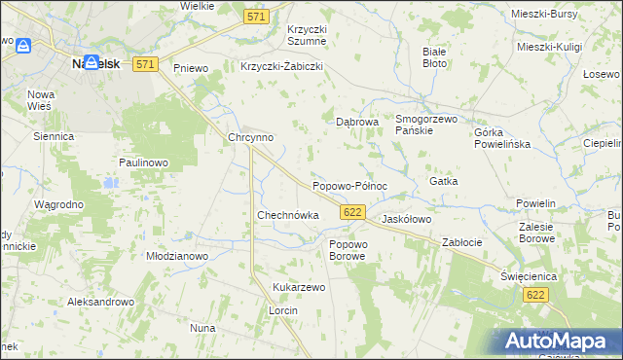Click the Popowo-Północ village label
point(349,186)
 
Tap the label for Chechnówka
point(287,215)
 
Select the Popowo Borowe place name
point(348,250)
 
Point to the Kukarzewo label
point(299,288)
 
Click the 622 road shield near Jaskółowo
point(353,212)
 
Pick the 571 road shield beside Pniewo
point(145,64)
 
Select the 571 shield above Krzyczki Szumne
point(256,17)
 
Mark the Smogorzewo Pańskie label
point(426,125)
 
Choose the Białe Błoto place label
point(435,56)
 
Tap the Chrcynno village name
point(250,138)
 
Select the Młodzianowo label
point(177,256)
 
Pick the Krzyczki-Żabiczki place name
point(281,67)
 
